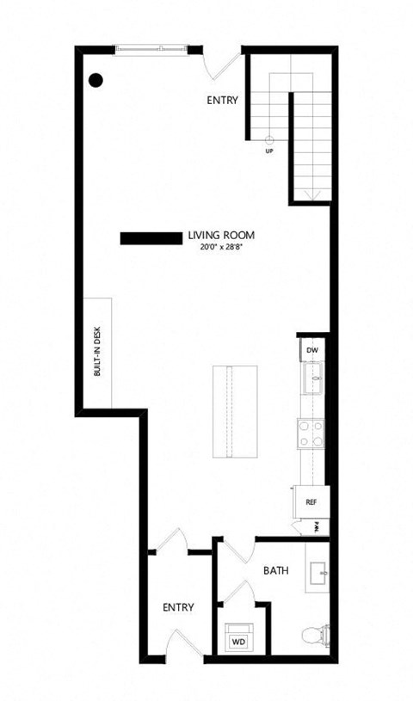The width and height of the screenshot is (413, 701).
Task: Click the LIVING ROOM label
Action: point(221,235)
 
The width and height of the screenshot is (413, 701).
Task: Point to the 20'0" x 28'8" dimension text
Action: point(221,246)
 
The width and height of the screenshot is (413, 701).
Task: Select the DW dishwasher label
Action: point(312,351)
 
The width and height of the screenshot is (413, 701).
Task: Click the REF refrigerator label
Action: point(312,503)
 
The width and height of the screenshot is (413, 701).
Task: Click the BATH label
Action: point(275,570)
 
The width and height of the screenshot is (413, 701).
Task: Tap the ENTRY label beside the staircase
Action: point(222,101)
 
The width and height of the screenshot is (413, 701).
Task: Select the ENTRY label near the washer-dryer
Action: point(178,607)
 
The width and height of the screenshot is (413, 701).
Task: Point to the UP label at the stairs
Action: point(269,151)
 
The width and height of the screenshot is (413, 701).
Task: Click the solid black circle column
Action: point(96,80)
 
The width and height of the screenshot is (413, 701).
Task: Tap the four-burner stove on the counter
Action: point(311,433)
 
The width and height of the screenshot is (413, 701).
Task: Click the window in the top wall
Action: point(151,50)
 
